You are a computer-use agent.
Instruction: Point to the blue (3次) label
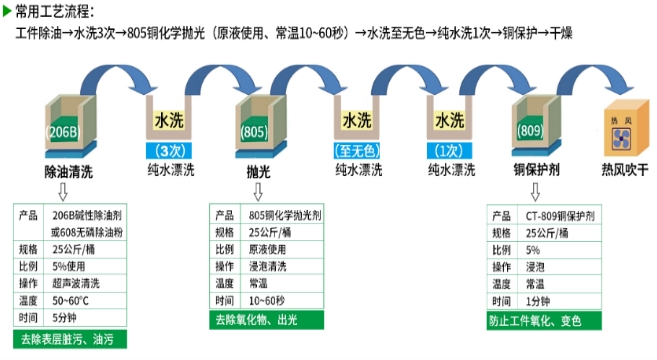(x=164, y=151)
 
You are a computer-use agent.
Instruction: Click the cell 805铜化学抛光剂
(x=285, y=215)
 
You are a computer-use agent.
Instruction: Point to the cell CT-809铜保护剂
(x=561, y=215)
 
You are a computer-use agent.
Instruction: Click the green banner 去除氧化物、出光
(x=256, y=320)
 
